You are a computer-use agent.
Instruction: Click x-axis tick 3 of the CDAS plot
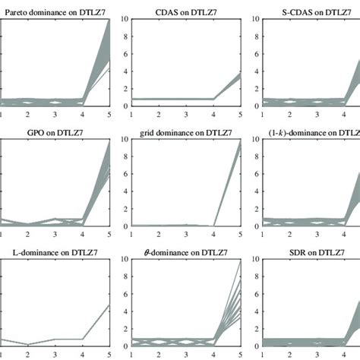185,112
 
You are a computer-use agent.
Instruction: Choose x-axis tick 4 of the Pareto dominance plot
81,112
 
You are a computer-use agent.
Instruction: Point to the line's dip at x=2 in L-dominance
28,344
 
